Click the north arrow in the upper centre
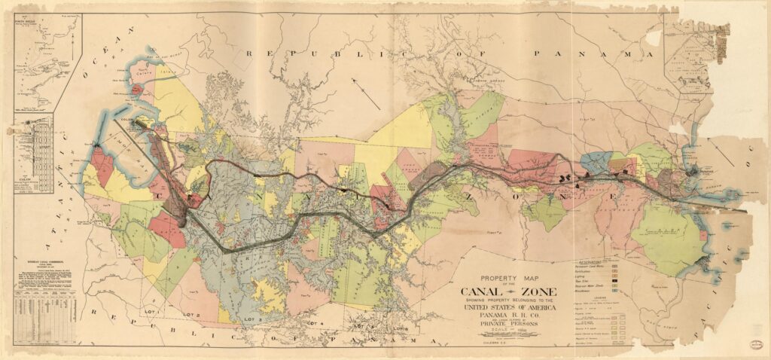[x=368, y=98]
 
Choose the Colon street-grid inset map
[x=35, y=154]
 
